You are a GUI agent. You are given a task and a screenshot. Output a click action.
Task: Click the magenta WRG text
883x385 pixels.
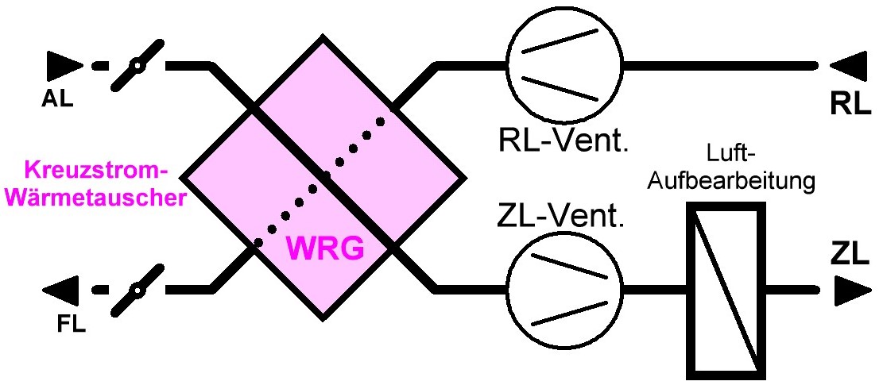tap(324, 249)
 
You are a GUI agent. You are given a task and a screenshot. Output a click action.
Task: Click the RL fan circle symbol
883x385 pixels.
tap(564, 65)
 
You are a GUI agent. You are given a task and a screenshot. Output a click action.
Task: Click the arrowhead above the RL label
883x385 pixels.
tap(850, 65)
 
